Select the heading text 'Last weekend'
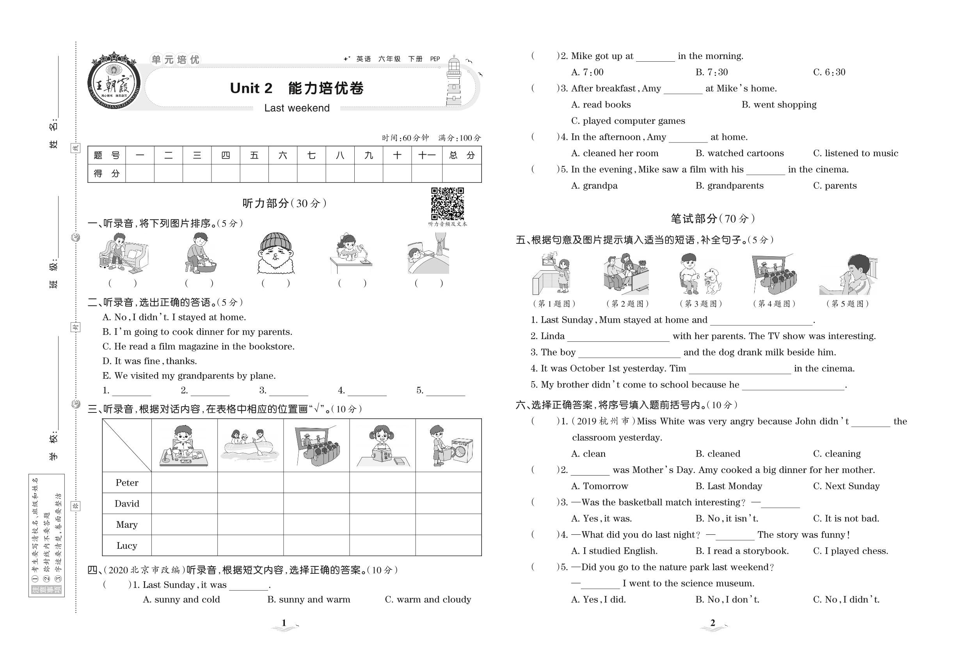point(297,108)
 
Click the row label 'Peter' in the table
point(127,483)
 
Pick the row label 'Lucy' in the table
point(127,545)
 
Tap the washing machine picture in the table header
point(451,446)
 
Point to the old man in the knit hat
point(275,253)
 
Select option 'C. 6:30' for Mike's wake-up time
point(829,72)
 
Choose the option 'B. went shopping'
point(778,104)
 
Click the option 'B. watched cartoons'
point(739,153)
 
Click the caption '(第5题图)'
point(848,304)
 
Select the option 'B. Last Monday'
point(729,486)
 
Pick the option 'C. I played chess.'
point(850,551)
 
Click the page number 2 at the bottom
point(713,623)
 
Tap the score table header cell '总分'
point(461,155)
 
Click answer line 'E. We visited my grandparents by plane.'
point(189,376)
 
